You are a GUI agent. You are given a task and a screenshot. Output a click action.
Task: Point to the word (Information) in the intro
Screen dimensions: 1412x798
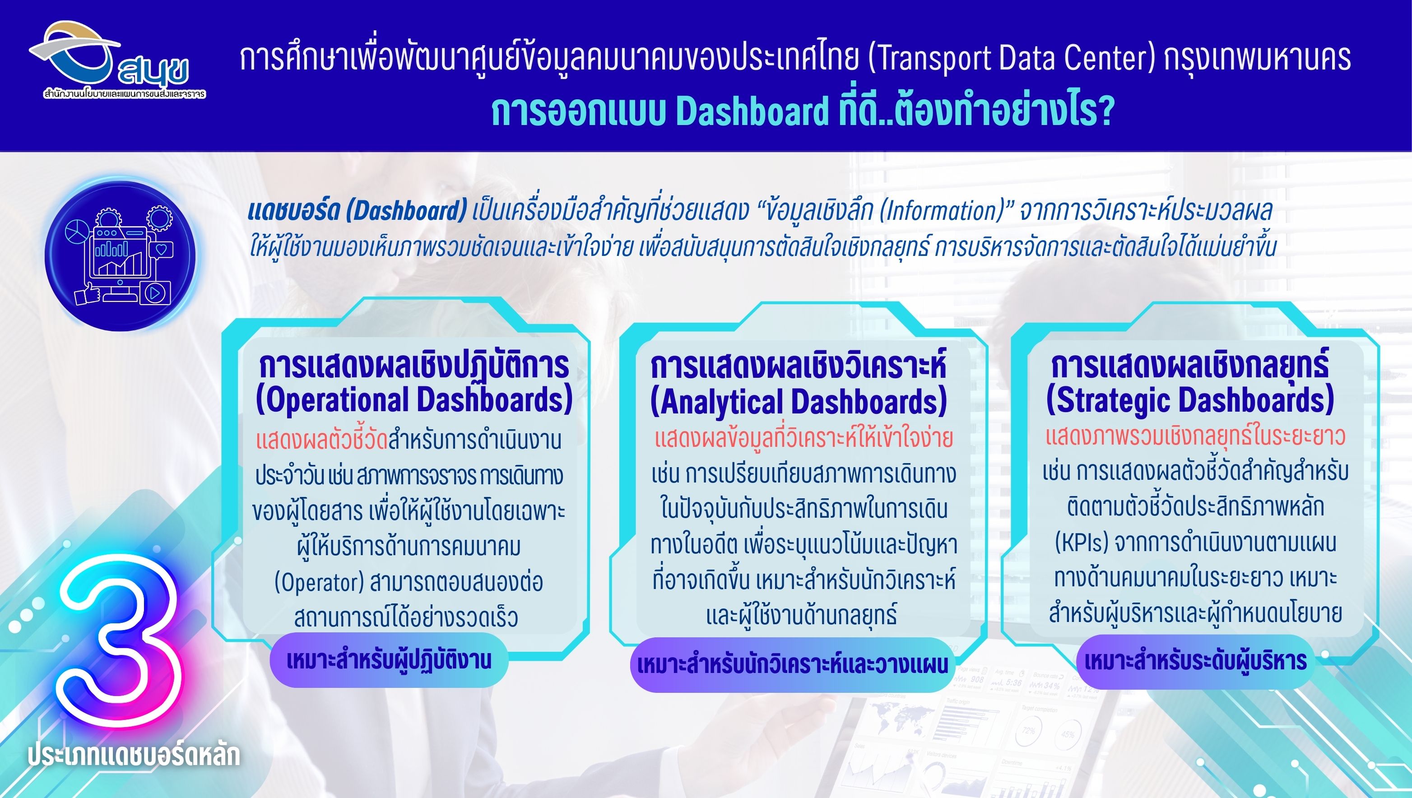pyautogui.click(x=942, y=210)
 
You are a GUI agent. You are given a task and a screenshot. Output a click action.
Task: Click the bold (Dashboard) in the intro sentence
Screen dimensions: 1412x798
pyautogui.click(x=406, y=210)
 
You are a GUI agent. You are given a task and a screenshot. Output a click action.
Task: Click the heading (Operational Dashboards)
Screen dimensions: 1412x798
pyautogui.click(x=414, y=399)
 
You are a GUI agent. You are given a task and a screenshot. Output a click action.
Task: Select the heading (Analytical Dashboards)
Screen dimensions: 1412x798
pyautogui.click(x=798, y=401)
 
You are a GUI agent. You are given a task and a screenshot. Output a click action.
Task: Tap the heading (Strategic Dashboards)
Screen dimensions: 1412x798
pyautogui.click(x=1190, y=399)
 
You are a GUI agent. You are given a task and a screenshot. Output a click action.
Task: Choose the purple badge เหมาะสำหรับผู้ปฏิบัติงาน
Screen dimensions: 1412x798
pyautogui.click(x=389, y=660)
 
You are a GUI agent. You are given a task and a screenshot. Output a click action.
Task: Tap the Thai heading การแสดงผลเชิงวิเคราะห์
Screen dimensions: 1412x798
pyautogui.click(x=798, y=366)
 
